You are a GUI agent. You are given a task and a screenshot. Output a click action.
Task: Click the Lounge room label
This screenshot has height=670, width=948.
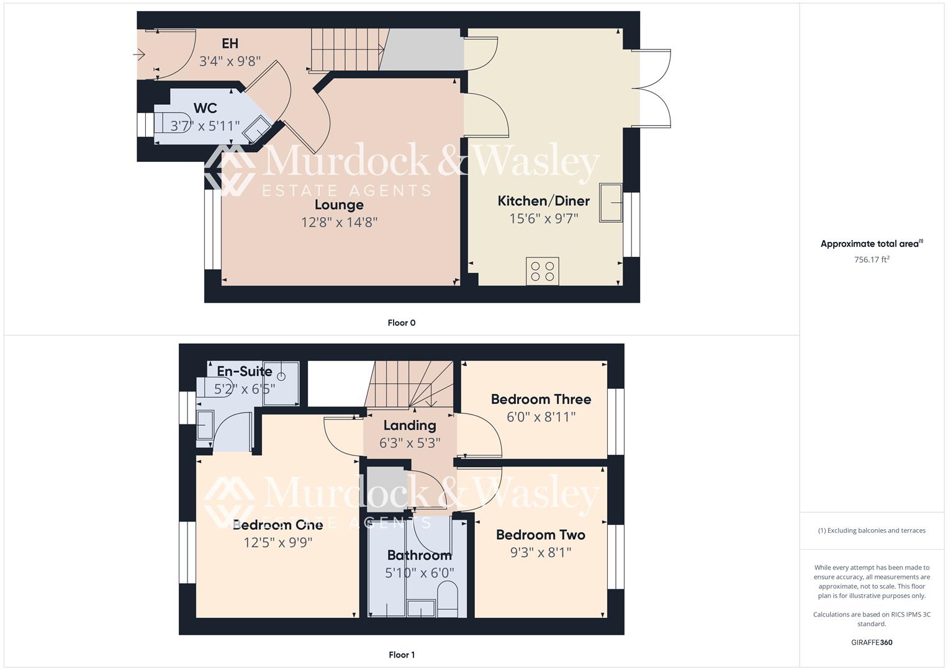click(339, 205)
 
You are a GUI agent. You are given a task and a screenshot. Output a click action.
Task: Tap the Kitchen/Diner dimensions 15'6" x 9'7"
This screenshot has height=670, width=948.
click(544, 218)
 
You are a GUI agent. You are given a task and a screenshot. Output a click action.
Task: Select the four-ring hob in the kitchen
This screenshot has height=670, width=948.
click(542, 271)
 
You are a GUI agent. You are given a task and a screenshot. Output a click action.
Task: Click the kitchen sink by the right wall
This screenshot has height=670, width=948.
click(611, 202)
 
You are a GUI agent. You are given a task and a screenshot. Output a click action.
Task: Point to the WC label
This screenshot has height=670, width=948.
click(205, 109)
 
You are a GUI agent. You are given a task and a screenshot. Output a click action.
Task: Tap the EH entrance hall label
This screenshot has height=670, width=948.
click(230, 43)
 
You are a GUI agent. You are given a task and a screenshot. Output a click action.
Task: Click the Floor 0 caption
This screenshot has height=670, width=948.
click(401, 323)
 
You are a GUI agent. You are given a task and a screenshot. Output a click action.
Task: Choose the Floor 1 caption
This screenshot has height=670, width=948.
click(401, 654)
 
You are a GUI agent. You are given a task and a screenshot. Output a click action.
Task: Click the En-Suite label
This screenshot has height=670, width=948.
click(245, 372)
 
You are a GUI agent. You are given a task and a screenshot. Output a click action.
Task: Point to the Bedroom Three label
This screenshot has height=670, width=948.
click(541, 400)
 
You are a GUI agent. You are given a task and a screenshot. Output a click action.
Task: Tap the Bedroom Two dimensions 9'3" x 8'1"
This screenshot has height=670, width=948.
click(541, 552)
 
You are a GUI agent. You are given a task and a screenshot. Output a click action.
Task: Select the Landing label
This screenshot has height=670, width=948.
click(410, 426)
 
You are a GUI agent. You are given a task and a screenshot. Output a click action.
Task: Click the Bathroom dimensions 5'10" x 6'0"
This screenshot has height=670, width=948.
click(420, 573)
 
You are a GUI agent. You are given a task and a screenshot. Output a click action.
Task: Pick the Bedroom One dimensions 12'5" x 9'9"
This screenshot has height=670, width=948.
click(278, 543)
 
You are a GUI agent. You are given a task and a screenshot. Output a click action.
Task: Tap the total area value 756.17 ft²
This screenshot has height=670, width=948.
click(872, 260)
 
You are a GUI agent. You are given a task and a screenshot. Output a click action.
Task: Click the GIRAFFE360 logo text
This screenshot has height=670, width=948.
click(872, 642)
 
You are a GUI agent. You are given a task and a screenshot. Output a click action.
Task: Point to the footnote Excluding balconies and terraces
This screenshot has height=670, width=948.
click(872, 530)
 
